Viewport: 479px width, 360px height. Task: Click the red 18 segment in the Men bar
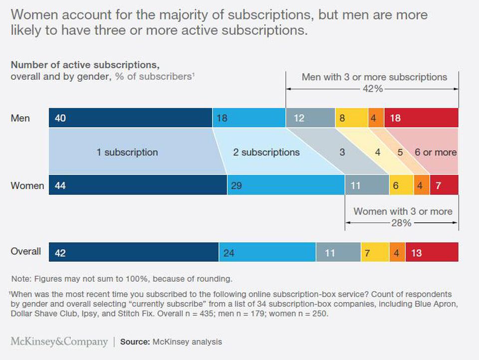(x=421, y=118)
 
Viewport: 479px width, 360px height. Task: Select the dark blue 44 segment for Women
(x=138, y=185)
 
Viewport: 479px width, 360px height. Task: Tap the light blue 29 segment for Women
(x=286, y=185)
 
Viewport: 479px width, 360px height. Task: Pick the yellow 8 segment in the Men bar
(x=352, y=118)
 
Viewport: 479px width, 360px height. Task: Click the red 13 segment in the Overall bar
(x=432, y=252)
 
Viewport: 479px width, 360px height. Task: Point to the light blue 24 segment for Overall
(x=267, y=252)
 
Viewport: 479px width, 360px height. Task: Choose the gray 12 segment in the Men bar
(x=310, y=118)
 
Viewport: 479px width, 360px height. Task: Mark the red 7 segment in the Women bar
(x=444, y=185)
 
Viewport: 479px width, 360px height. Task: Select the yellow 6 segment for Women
(x=401, y=185)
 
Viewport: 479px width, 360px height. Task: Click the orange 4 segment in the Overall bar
(x=397, y=252)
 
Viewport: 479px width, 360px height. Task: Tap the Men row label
(x=20, y=118)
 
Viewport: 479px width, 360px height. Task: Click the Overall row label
(x=26, y=251)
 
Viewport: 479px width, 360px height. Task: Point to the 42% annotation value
(x=372, y=88)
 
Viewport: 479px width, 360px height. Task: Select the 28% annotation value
(x=401, y=223)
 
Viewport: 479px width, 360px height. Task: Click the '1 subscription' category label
(x=127, y=152)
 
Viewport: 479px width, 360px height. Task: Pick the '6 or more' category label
(x=436, y=152)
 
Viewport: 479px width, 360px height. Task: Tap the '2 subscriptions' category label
(x=266, y=152)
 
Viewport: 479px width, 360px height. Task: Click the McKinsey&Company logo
(x=59, y=342)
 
